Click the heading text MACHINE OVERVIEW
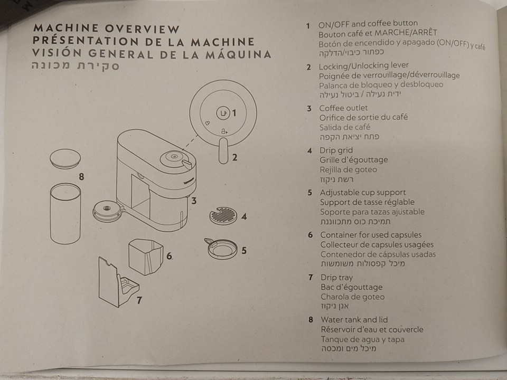coord(106,28)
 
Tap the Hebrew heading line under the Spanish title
coord(76,65)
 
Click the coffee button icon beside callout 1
coord(223,113)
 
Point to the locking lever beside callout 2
coord(223,150)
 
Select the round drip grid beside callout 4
coord(223,215)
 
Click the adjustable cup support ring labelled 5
coord(221,249)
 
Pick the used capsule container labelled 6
coord(146,256)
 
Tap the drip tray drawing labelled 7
coord(118,282)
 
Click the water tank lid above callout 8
coord(65,159)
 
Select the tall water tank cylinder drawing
coord(65,214)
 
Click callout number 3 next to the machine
coord(194,201)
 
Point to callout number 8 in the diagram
coord(81,176)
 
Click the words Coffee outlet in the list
coord(343,108)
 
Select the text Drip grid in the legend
coord(336,150)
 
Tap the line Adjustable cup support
coord(363,192)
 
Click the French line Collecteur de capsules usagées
coord(377,244)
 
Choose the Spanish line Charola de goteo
coord(352,297)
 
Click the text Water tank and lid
coord(354,320)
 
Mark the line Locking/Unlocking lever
coord(364,65)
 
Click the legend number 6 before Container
coord(311,235)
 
